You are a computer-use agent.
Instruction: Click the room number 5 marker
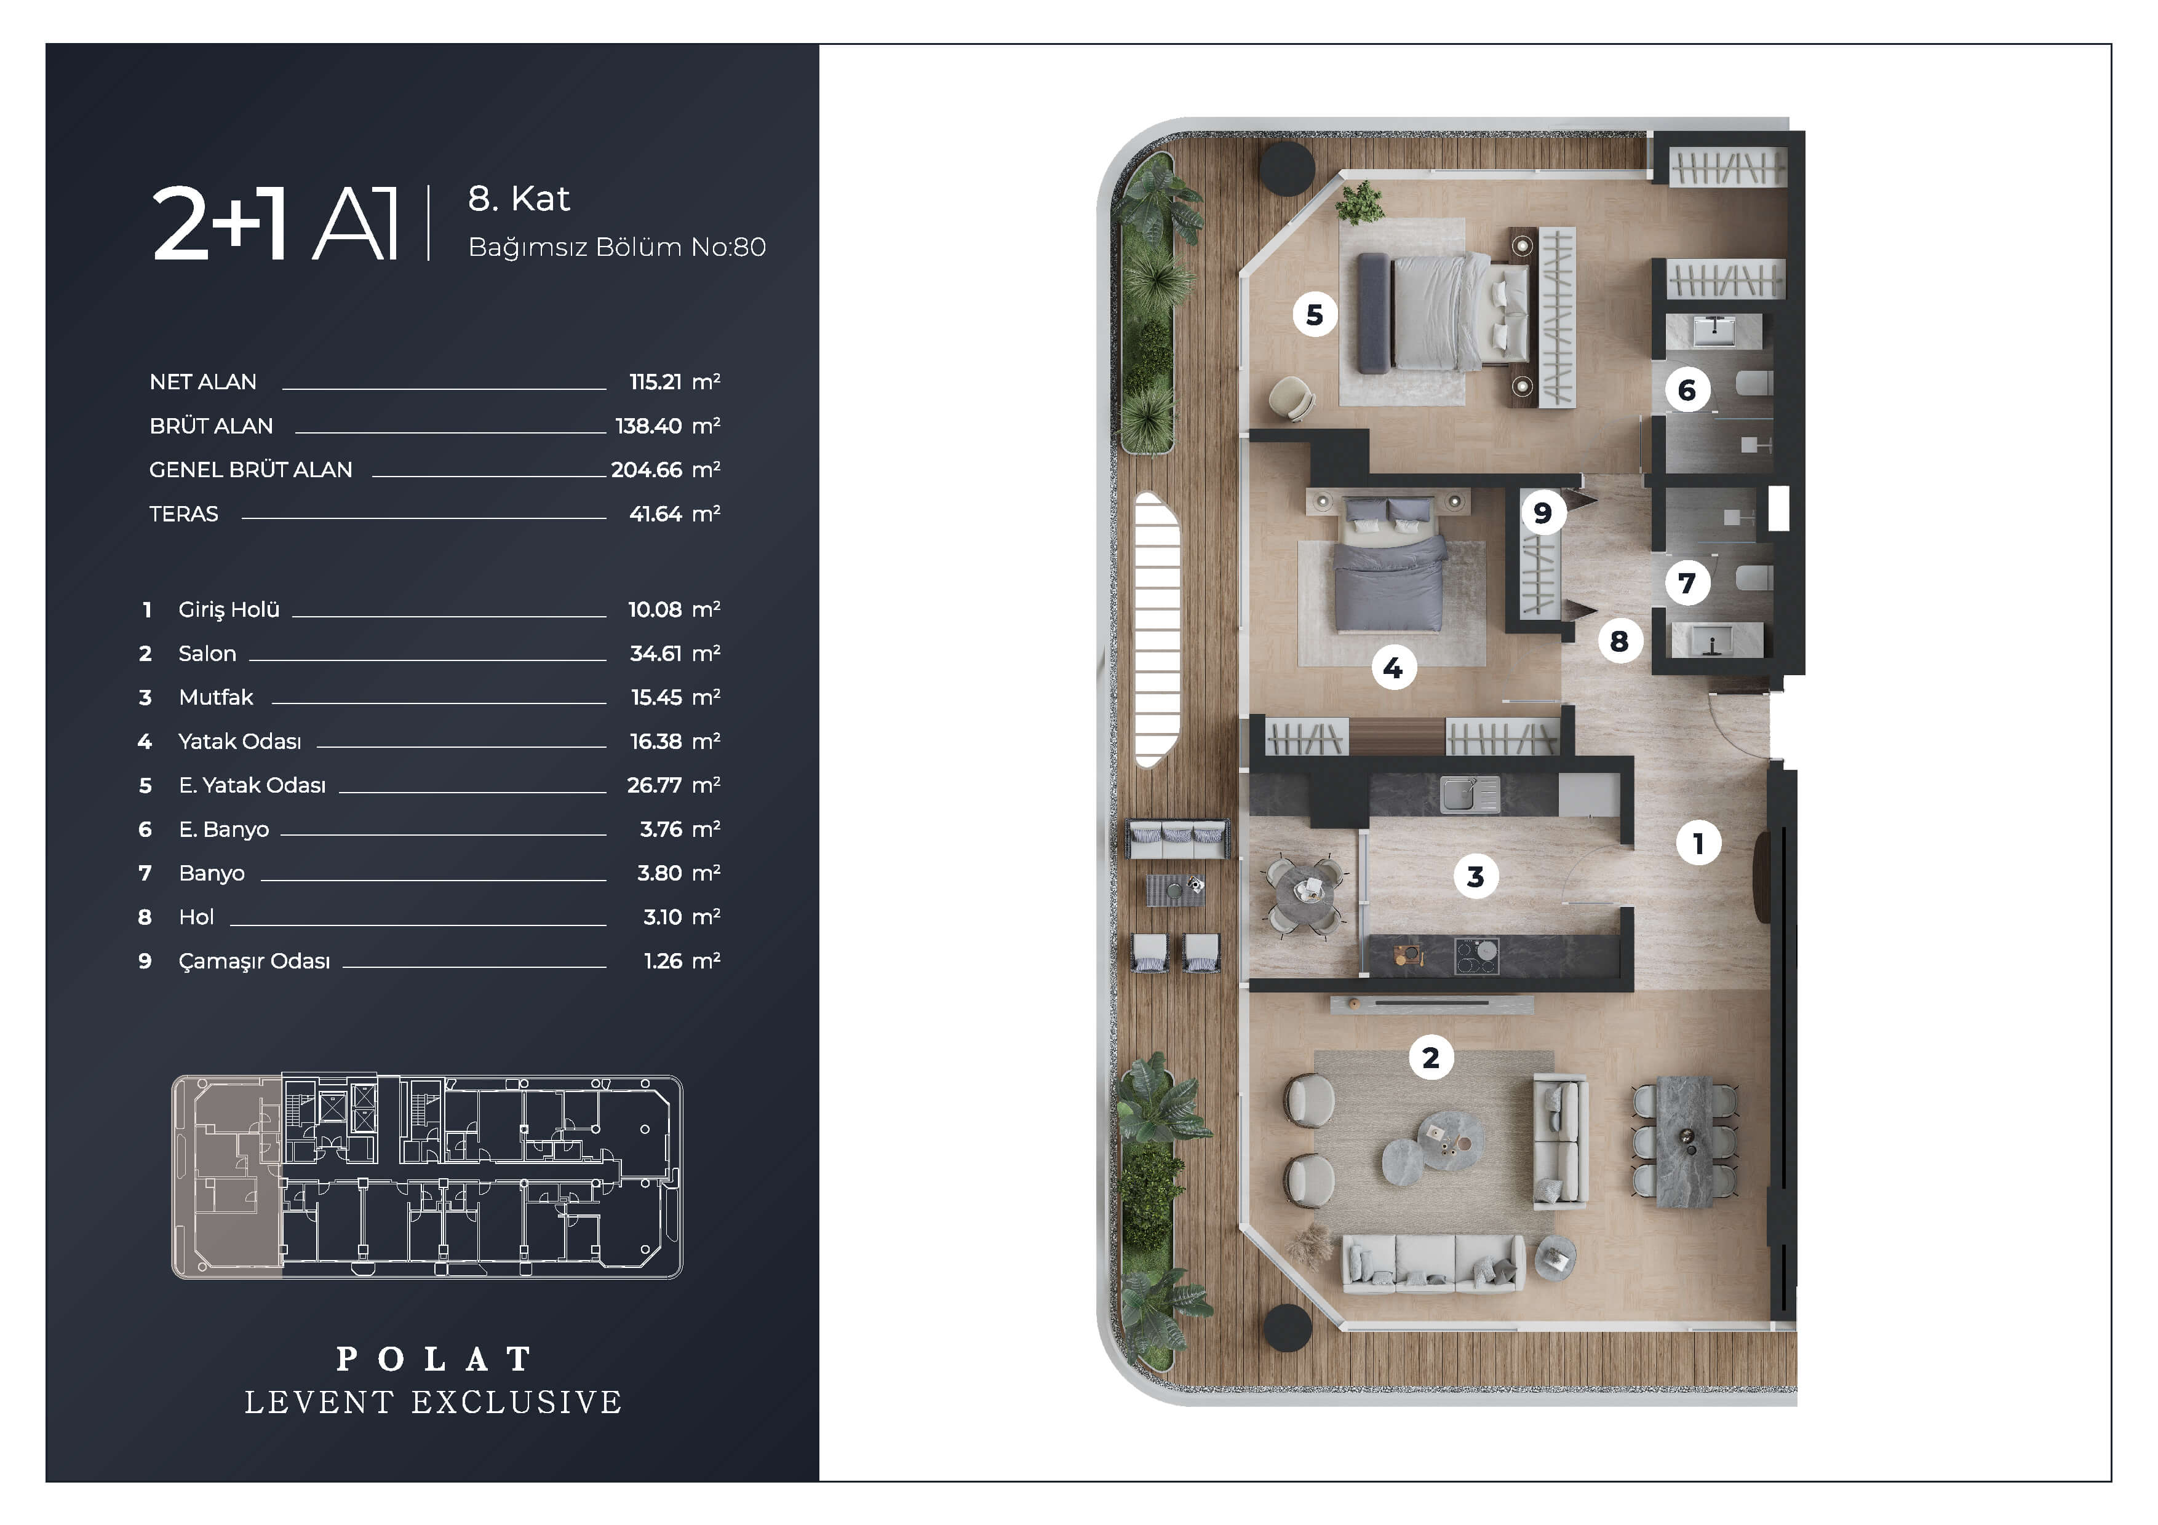click(x=1314, y=315)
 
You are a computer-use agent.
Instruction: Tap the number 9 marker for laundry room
click(x=1542, y=513)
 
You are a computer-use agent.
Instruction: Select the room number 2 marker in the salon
click(x=1430, y=1058)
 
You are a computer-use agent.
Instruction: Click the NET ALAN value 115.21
click(x=655, y=381)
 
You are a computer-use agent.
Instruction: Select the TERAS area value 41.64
click(x=655, y=514)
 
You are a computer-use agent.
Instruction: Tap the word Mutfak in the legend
click(x=216, y=697)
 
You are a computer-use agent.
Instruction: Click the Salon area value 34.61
click(x=656, y=653)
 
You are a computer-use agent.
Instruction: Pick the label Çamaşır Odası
click(x=254, y=961)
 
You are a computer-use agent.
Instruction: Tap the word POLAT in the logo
click(x=434, y=1359)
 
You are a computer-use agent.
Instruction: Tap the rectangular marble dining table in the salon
click(x=1688, y=1142)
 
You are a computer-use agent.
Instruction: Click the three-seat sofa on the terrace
click(x=1177, y=838)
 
